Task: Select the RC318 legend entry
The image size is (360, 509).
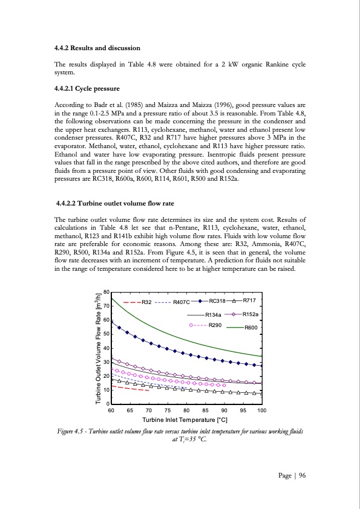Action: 217,300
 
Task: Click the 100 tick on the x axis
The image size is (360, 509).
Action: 261,410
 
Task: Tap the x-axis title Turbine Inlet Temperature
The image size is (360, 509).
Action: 185,420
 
